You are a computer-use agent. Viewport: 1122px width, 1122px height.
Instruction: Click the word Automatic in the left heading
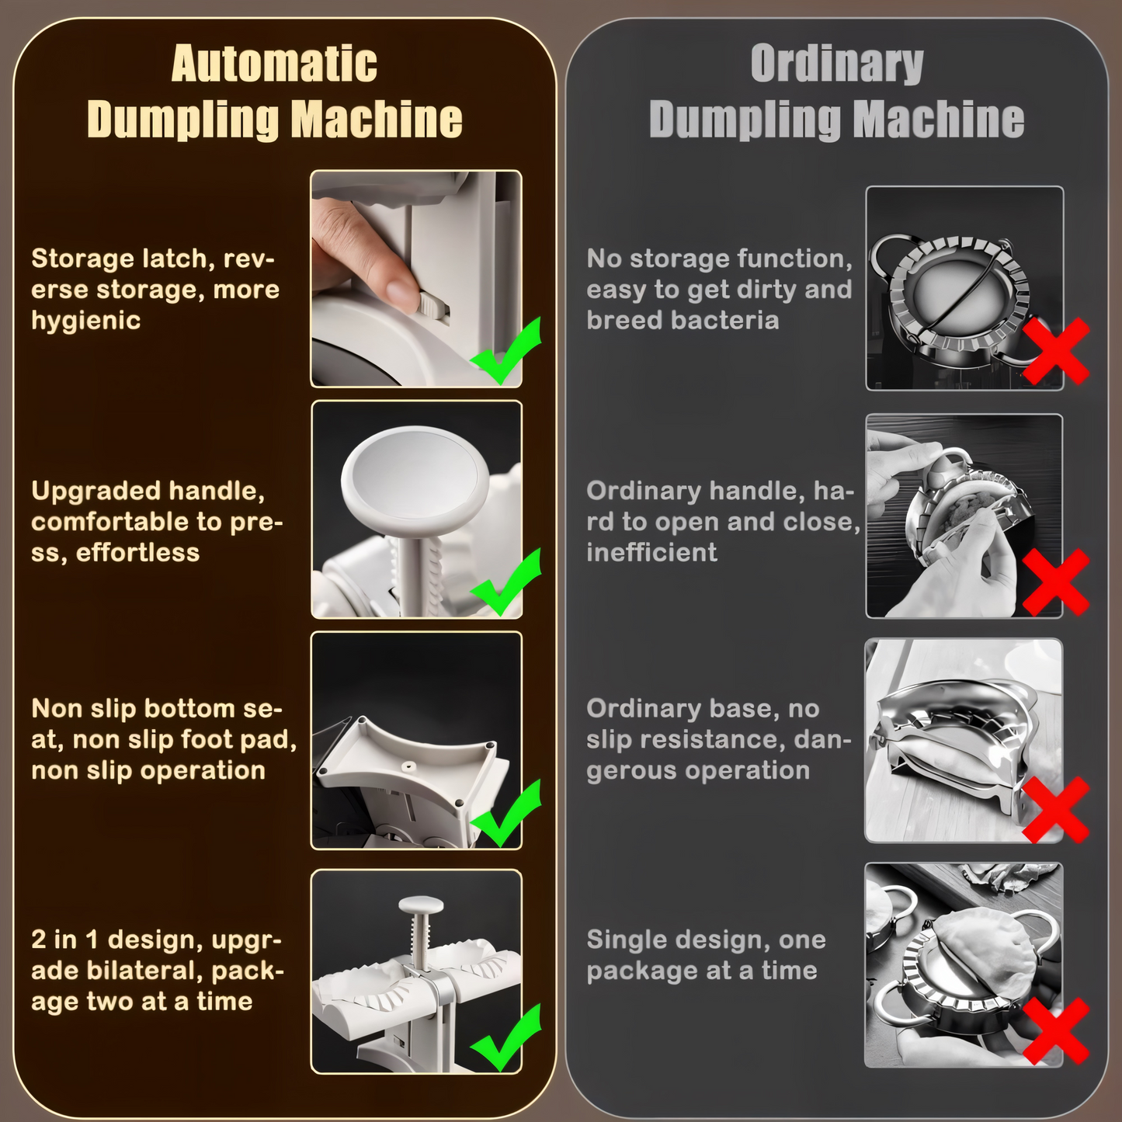(x=274, y=64)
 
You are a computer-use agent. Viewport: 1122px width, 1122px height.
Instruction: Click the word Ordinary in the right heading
(x=836, y=64)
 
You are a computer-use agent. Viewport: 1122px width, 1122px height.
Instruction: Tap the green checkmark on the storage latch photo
(x=505, y=353)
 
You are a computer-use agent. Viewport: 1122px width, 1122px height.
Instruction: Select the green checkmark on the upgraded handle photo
(x=505, y=585)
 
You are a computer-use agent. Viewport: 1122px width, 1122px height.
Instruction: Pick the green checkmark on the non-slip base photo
(x=505, y=815)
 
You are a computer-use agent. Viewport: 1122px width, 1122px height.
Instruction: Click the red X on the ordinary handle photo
(x=1055, y=582)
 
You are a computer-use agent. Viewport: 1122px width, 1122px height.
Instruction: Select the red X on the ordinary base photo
(x=1055, y=811)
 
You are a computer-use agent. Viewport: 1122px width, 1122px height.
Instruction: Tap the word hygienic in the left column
(x=85, y=321)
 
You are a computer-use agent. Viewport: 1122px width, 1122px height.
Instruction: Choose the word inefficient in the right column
(x=651, y=553)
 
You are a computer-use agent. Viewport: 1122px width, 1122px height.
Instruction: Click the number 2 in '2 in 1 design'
(x=39, y=940)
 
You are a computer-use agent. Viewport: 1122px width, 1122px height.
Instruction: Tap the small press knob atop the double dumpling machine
(x=421, y=905)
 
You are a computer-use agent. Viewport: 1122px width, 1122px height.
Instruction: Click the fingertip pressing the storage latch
(x=400, y=292)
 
